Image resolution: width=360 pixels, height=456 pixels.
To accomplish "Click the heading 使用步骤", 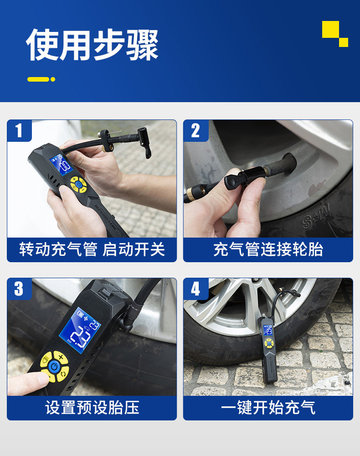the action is (x=93, y=45).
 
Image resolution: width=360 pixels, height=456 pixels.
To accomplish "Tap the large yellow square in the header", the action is (x=330, y=29).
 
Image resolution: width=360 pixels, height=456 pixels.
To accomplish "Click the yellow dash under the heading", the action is (x=38, y=79).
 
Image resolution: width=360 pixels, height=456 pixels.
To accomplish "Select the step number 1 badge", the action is (x=19, y=130).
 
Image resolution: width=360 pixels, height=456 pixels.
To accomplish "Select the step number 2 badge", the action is (x=195, y=130).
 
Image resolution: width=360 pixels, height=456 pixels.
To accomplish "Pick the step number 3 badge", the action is (x=19, y=289).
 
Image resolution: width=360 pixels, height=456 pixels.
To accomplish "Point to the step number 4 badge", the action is (x=195, y=289).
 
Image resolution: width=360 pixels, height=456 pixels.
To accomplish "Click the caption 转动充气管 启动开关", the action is (x=92, y=249).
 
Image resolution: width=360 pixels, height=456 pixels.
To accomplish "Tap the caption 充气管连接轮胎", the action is (x=268, y=249).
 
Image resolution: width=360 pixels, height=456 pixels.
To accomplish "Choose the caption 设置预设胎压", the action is (x=92, y=407).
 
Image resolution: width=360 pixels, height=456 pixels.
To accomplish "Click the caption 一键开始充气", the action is (x=268, y=407).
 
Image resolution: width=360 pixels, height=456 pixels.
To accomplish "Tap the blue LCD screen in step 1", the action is (x=62, y=165).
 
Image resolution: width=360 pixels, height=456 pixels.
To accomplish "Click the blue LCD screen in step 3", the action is (x=80, y=330).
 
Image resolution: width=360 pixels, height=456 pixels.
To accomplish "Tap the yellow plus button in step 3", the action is (x=61, y=357).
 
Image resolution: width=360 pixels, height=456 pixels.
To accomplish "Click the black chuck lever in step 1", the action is (x=145, y=143).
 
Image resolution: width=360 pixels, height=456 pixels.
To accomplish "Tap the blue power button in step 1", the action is (x=78, y=184).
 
